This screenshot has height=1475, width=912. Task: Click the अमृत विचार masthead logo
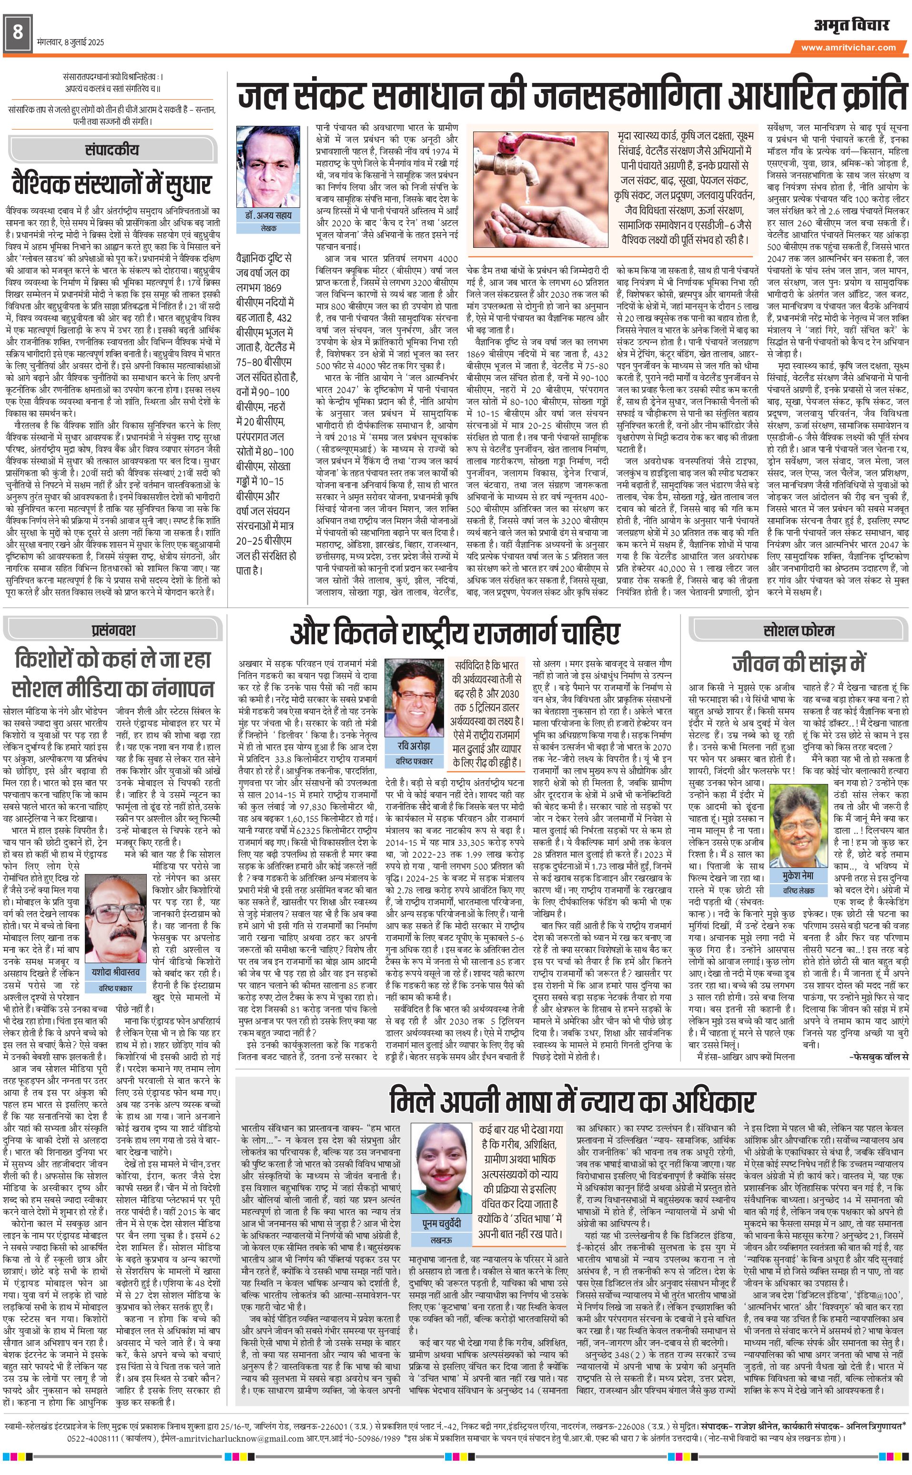pos(851,25)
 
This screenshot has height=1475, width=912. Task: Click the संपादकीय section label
pos(111,150)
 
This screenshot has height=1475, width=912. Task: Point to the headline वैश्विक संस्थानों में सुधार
pos(111,183)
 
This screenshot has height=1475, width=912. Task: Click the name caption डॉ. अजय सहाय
pos(268,215)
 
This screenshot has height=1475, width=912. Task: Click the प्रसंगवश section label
pos(113,630)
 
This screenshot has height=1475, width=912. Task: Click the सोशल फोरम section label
pos(799,631)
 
